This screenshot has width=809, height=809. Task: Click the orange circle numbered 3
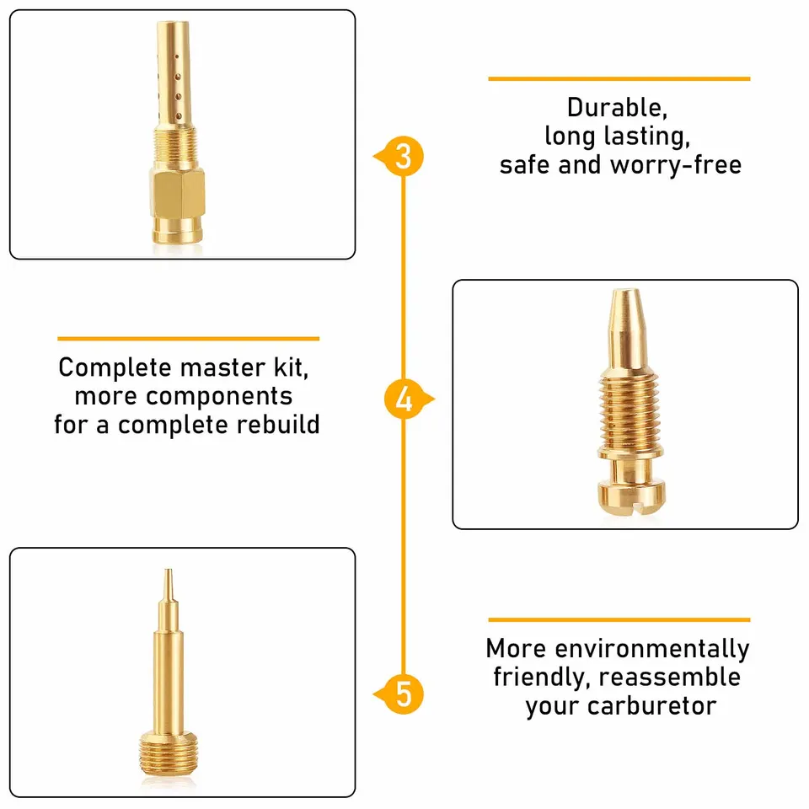[x=404, y=157]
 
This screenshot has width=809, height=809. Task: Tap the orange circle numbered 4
[x=404, y=399]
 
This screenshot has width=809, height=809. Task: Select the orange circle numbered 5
[x=404, y=694]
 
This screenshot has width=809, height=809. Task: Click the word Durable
[x=612, y=108]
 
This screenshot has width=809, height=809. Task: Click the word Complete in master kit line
[x=115, y=368]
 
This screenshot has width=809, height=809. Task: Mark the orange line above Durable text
[x=619, y=78]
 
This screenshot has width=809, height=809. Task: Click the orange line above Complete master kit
[x=188, y=339]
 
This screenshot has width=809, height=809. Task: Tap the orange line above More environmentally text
[x=619, y=619]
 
